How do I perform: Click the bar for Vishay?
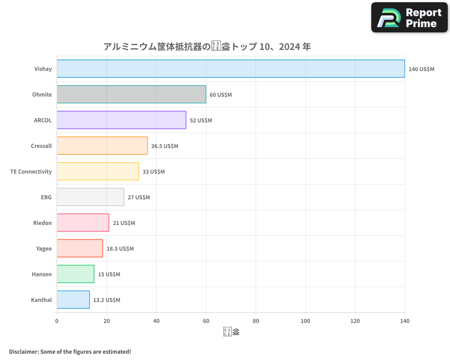(x=230, y=69)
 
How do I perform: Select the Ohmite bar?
(x=131, y=94)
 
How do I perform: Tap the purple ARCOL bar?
(x=121, y=120)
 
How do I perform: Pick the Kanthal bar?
(x=73, y=300)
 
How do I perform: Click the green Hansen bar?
(x=76, y=274)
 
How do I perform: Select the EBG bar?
(x=90, y=197)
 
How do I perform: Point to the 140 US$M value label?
(x=421, y=69)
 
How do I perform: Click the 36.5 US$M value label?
(x=165, y=146)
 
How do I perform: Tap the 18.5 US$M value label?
(x=120, y=248)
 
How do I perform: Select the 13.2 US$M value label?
(x=107, y=300)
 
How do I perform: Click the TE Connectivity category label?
(x=31, y=171)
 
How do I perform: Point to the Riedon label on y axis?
(x=42, y=223)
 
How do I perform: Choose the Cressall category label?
(x=41, y=146)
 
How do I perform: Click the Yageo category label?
(x=44, y=248)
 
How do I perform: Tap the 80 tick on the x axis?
(x=256, y=321)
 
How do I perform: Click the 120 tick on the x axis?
(x=355, y=321)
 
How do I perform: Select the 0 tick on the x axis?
(x=57, y=321)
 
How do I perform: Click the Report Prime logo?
(x=409, y=18)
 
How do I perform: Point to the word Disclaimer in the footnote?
(x=23, y=351)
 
